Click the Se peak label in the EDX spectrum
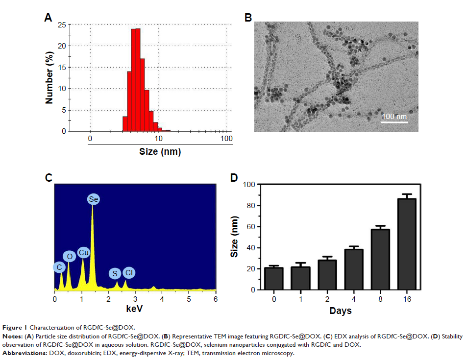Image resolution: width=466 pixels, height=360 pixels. [93, 199]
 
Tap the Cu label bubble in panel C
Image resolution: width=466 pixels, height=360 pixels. [83, 252]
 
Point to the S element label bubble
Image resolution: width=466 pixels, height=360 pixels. [116, 273]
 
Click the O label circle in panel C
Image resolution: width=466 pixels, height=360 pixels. [70, 256]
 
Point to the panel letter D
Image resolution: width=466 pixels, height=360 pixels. [234, 177]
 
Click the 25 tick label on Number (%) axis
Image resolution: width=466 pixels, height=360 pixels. [62, 25]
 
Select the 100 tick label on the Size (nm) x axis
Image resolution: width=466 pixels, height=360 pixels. [226, 139]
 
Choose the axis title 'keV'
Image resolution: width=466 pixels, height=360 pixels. [134, 309]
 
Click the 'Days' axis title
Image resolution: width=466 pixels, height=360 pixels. [340, 311]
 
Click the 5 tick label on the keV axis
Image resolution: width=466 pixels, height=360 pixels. [189, 298]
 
